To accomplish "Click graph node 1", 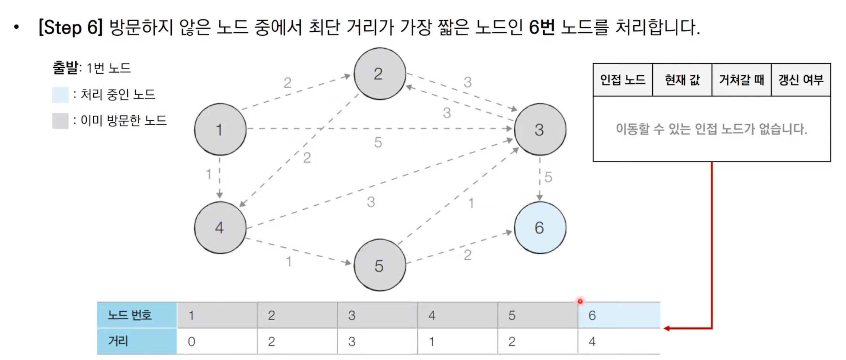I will [220, 129].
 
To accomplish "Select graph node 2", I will [379, 74].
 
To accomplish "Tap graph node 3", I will [540, 129].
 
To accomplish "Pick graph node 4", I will [220, 228].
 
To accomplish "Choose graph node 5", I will [379, 266].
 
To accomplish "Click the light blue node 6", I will [540, 228].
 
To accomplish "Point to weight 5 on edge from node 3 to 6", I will [548, 177].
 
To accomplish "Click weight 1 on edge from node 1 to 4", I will [209, 174].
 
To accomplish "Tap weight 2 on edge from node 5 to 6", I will [468, 255].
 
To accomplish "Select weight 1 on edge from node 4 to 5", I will [289, 262].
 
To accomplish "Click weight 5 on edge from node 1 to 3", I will [378, 142].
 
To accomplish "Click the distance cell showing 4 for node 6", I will [619, 341].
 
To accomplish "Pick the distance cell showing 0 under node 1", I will [217, 341].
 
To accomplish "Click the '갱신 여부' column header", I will [801, 80].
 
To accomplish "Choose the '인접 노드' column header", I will [623, 80].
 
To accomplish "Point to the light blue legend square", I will [60, 94].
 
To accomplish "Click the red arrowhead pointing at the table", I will [667, 328].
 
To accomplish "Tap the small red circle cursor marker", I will [580, 301].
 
